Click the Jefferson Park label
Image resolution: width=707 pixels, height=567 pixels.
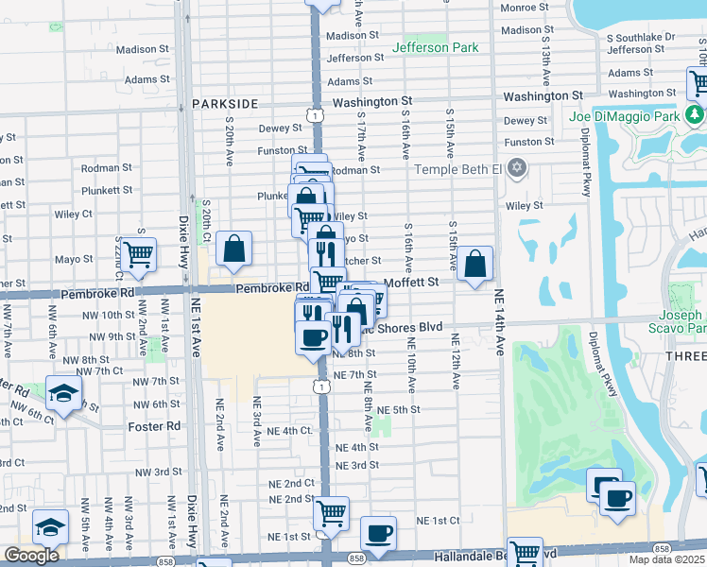point(435,47)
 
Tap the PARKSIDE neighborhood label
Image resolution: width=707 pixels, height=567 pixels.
point(225,102)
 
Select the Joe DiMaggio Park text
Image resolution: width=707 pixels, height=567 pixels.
point(625,116)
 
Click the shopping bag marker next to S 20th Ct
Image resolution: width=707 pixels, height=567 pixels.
point(233,249)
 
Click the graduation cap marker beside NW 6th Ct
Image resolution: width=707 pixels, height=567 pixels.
point(63,394)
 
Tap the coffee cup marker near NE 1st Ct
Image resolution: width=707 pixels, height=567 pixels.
point(379,534)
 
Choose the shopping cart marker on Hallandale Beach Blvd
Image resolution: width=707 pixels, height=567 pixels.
point(525,553)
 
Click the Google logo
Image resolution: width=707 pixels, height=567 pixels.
point(31,556)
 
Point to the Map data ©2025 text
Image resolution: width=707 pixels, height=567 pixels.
point(667,559)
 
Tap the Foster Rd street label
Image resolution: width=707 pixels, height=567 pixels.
point(154,426)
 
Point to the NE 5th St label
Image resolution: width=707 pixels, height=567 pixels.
point(398,409)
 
